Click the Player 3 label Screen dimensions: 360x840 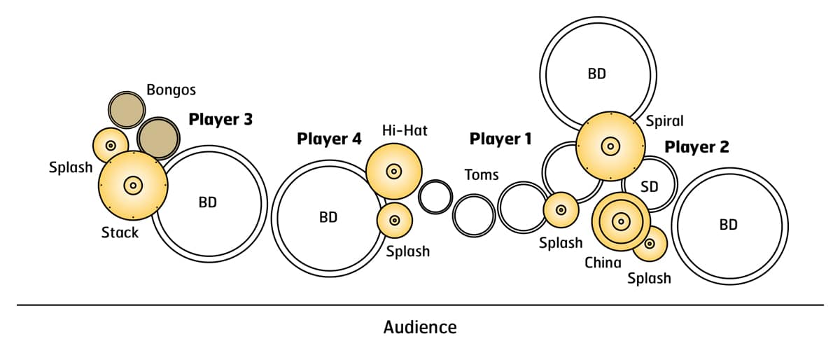pos(220,120)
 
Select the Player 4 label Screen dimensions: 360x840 pos(329,139)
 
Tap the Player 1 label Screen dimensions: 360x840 pos(500,139)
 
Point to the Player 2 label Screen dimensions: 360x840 pos(696,147)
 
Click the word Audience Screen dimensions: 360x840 pos(420,327)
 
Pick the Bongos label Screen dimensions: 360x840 pos(171,90)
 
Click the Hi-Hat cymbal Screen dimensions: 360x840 pos(393,171)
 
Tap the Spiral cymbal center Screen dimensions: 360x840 pos(610,146)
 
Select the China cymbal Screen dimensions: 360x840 pos(620,222)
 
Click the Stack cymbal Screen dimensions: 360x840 pos(132,185)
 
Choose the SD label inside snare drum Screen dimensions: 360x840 pos(650,187)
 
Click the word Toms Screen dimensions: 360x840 pos(482,174)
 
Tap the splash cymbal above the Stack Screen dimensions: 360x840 pos(111,146)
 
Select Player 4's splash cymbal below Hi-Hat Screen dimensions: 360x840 pos(395,220)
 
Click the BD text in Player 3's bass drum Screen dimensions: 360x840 pos(208,202)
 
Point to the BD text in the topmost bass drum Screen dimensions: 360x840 pos(596,73)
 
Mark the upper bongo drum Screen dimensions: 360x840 pos(127,110)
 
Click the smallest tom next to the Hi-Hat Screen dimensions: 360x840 pos(435,197)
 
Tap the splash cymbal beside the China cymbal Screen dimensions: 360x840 pos(650,244)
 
